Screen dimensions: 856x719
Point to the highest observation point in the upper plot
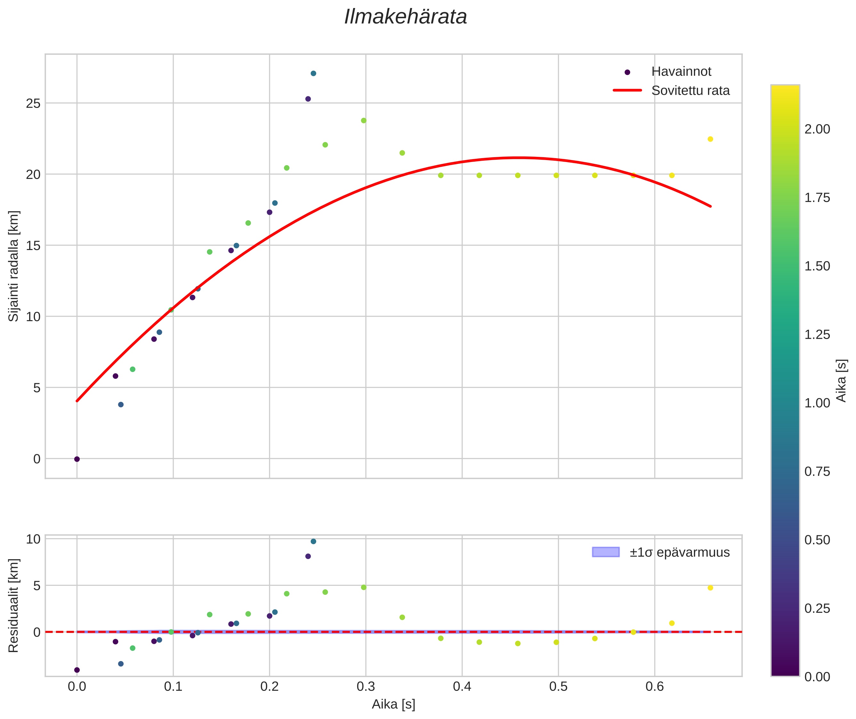click(x=313, y=73)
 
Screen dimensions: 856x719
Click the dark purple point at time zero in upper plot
click(x=77, y=459)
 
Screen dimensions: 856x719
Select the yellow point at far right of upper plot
click(x=710, y=139)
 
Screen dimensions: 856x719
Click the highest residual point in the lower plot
click(x=313, y=541)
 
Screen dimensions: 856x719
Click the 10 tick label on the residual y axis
click(x=33, y=539)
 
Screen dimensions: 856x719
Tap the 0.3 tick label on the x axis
click(x=366, y=687)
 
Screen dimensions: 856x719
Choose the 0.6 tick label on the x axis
click(x=654, y=687)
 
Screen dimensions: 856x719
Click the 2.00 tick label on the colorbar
click(x=817, y=129)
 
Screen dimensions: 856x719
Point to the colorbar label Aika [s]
click(x=841, y=380)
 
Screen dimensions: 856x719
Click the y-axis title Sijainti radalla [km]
click(x=13, y=266)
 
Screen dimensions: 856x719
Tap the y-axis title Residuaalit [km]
click(x=13, y=606)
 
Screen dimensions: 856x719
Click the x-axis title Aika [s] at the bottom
click(x=393, y=704)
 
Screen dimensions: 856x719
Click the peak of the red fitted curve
click(x=517, y=158)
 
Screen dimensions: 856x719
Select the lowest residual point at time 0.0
click(x=77, y=670)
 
